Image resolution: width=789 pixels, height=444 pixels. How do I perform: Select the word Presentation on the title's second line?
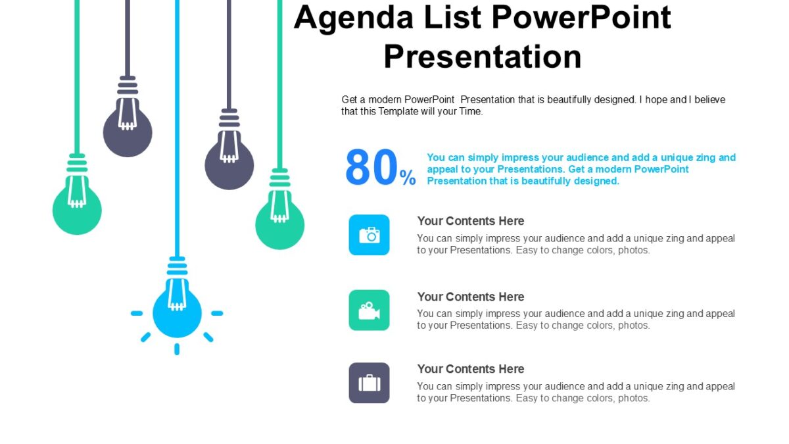point(483,57)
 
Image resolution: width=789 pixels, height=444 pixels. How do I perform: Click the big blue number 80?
point(371,168)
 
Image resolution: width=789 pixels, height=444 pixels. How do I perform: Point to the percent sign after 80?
point(408,178)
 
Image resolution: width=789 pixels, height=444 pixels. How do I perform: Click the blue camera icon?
point(369,235)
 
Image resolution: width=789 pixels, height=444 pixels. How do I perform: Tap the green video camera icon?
point(369,310)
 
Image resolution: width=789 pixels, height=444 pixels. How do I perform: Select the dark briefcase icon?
point(369,383)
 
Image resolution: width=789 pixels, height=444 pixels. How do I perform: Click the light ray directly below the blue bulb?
point(177,349)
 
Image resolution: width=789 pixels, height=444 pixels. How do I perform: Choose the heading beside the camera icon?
point(470,221)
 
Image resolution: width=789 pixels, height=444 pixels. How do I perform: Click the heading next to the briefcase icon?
point(470,369)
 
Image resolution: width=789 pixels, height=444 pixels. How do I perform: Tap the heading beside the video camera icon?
point(470,297)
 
